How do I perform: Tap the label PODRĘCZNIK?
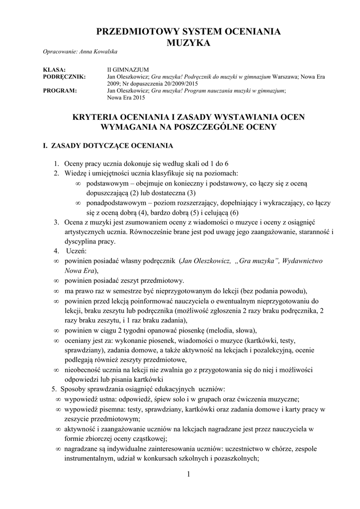click(65, 77)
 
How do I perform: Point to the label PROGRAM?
click(60, 91)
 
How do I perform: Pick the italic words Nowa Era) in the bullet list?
click(82, 270)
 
